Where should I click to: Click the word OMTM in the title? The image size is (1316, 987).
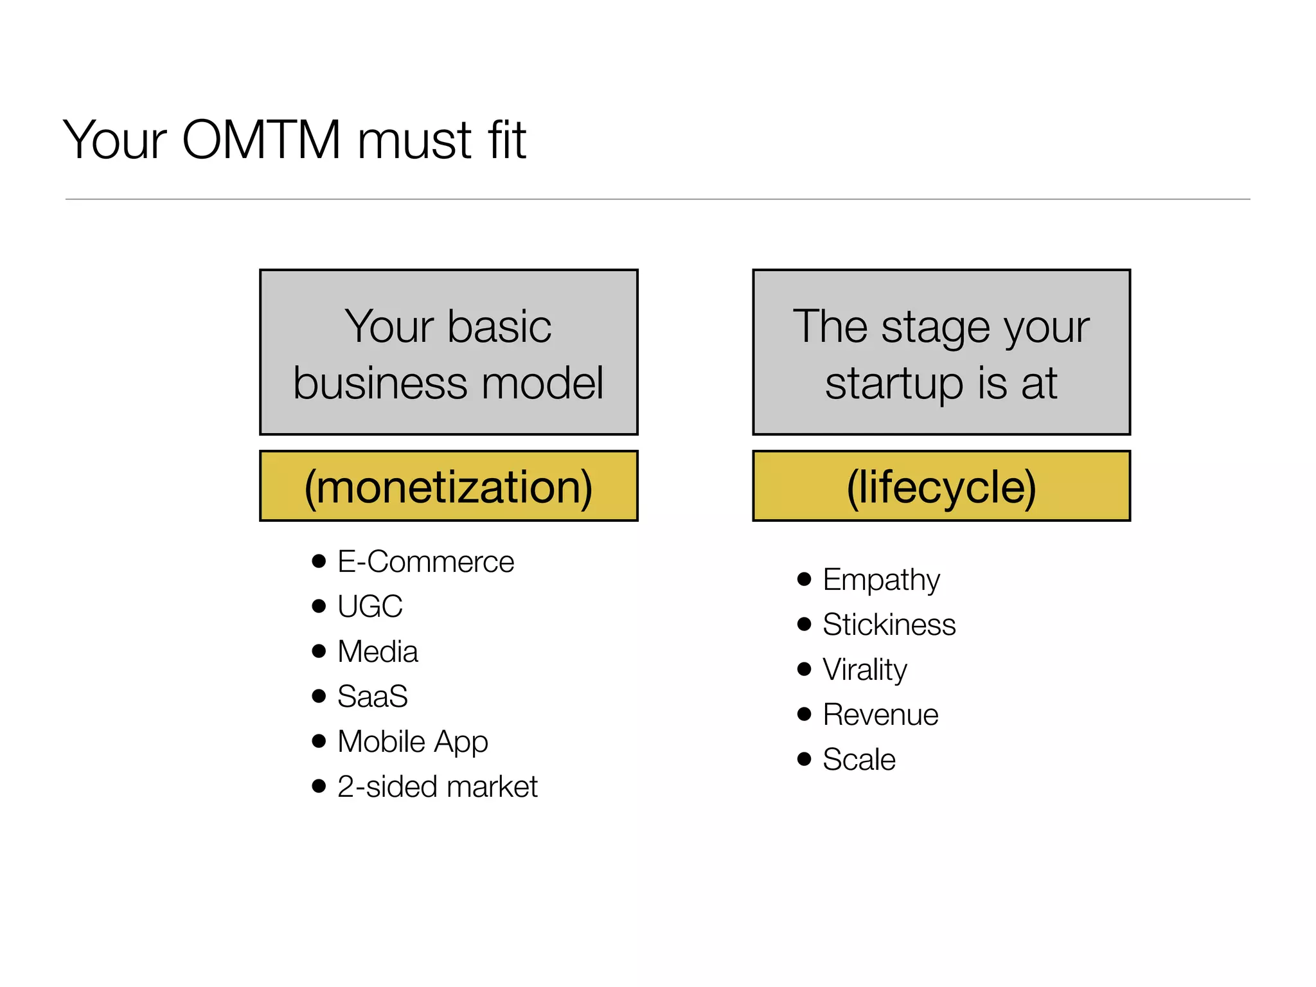[261, 140]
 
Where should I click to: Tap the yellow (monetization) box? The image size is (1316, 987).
[449, 486]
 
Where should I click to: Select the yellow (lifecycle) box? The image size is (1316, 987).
[941, 486]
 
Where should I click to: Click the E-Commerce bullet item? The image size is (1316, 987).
[425, 562]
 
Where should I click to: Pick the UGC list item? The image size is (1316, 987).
[370, 607]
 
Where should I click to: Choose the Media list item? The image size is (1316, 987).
[378, 652]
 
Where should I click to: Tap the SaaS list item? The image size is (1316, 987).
[373, 697]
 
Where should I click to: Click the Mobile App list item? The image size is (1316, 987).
[413, 742]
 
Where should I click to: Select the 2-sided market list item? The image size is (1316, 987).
[437, 787]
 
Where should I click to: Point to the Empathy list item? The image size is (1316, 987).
[881, 580]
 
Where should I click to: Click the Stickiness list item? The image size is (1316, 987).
[889, 625]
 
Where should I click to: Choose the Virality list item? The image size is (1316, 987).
[864, 670]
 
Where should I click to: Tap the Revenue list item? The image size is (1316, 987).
[880, 715]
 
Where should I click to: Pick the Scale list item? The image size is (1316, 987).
[858, 760]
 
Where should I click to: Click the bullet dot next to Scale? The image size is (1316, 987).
[804, 759]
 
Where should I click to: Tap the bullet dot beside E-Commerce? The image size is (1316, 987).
[319, 561]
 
